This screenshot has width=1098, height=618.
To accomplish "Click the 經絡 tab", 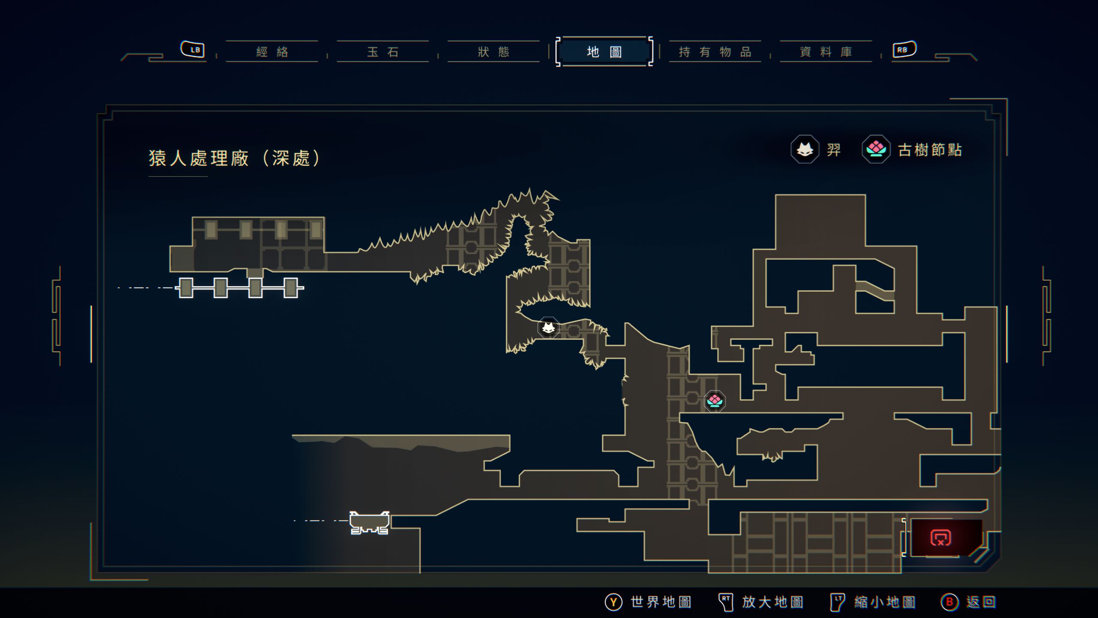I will coord(272,52).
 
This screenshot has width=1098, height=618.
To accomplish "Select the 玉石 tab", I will coord(383,52).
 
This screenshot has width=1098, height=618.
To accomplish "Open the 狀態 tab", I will coord(493,52).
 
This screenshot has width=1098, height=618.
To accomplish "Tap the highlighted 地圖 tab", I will coord(604,52).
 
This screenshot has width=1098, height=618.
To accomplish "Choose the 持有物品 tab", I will coord(715,52).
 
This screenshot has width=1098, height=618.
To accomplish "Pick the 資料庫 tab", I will coord(826,52).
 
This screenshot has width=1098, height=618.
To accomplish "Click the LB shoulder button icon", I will coord(193,49).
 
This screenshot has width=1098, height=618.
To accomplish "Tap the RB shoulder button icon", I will coord(904,49).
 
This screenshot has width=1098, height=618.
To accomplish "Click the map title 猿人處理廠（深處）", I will coord(234,158).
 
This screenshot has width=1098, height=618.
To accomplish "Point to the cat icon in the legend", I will coord(805,149).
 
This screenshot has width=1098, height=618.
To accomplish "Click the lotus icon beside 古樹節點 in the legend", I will coord(876,149).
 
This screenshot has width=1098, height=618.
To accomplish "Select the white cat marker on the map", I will coord(548,328).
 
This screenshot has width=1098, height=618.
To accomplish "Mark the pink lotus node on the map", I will coord(715,401).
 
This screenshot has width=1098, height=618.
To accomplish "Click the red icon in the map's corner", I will coord(941,537).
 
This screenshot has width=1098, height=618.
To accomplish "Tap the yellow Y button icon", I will coord(613,602).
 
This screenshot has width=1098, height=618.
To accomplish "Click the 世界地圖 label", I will coord(661,602).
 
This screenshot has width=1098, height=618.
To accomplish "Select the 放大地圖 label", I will coord(772,602).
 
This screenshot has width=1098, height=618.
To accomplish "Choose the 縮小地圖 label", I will coord(884,602).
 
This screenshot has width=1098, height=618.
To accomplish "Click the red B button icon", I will coord(949,602).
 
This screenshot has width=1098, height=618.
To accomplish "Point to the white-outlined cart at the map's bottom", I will coord(369,522).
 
